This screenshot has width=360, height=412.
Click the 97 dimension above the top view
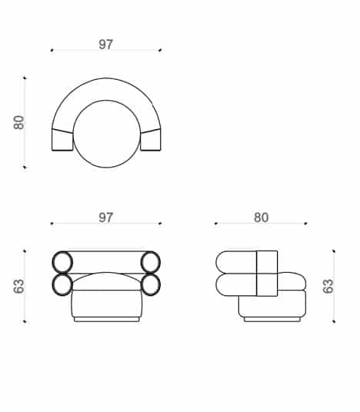105,45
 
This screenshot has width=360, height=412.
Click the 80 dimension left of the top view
19,122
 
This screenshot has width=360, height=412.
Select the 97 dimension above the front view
105,218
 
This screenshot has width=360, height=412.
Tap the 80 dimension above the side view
261,218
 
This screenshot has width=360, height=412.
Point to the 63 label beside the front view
19,286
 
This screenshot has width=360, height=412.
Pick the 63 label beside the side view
328,286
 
